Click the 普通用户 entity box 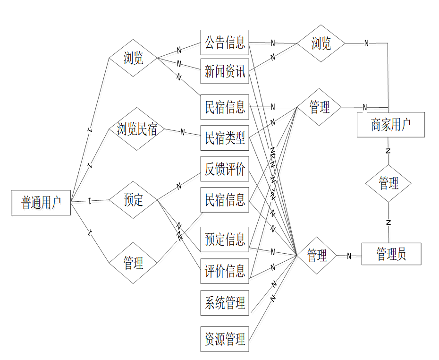coord(41,203)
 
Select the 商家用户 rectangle coord(390,125)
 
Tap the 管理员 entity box coord(391,254)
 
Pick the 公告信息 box coord(225,43)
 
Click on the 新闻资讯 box coord(225,72)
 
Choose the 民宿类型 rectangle coord(225,138)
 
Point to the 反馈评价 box coord(225,169)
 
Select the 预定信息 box coord(225,240)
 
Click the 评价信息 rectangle coord(225,271)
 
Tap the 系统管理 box coord(225,302)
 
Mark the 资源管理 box coord(225,338)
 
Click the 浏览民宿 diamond coord(136,129)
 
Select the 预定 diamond coord(133,200)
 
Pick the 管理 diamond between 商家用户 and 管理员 coord(388,183)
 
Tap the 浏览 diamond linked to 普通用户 coord(133,58)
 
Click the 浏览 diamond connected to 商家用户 coord(321,43)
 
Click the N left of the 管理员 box coord(349,256)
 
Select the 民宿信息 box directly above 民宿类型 coord(225,107)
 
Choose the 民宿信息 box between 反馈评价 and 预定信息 coord(225,200)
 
